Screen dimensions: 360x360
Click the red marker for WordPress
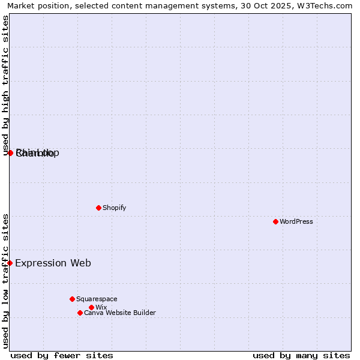click(x=275, y=221)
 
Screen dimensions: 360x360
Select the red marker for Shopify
click(x=98, y=208)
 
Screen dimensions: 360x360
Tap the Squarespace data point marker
click(x=72, y=299)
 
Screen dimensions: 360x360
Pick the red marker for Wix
click(x=91, y=307)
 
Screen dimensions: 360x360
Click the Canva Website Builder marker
click(x=80, y=313)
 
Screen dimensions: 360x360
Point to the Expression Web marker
click(x=10, y=263)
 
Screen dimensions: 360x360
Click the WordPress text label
click(x=296, y=221)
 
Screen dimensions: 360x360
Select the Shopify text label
click(x=115, y=208)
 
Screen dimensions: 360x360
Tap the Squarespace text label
click(x=97, y=299)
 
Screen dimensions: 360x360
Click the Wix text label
click(x=101, y=307)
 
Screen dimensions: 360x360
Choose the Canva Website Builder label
click(x=120, y=313)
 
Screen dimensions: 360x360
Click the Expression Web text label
click(x=53, y=263)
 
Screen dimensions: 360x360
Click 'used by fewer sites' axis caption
click(x=62, y=355)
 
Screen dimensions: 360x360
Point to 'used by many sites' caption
click(x=301, y=355)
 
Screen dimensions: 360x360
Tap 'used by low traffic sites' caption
click(x=5, y=281)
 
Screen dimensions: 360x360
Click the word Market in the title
click(x=22, y=5)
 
